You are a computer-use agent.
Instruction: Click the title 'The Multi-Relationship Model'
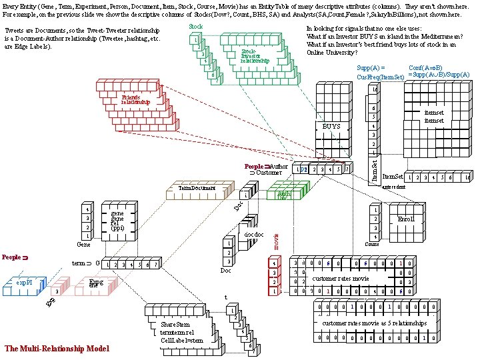(x=57, y=348)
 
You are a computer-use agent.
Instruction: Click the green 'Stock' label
(x=195, y=27)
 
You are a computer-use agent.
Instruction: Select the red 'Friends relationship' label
(x=135, y=101)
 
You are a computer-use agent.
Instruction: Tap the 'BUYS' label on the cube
(x=331, y=126)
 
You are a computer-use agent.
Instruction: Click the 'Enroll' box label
(x=405, y=218)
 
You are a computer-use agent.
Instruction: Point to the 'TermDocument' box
(x=197, y=189)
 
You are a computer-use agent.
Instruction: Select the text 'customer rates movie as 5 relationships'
(x=374, y=323)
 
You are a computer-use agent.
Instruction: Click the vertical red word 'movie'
(x=277, y=239)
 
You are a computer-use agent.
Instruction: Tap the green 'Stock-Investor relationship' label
(x=254, y=56)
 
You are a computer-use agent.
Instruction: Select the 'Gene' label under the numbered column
(x=83, y=245)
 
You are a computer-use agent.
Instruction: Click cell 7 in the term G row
(x=155, y=265)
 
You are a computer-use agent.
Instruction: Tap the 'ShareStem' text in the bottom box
(x=175, y=325)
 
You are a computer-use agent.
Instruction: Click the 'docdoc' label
(x=254, y=235)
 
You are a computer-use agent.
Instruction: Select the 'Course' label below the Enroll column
(x=373, y=244)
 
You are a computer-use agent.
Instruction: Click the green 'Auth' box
(x=283, y=195)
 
